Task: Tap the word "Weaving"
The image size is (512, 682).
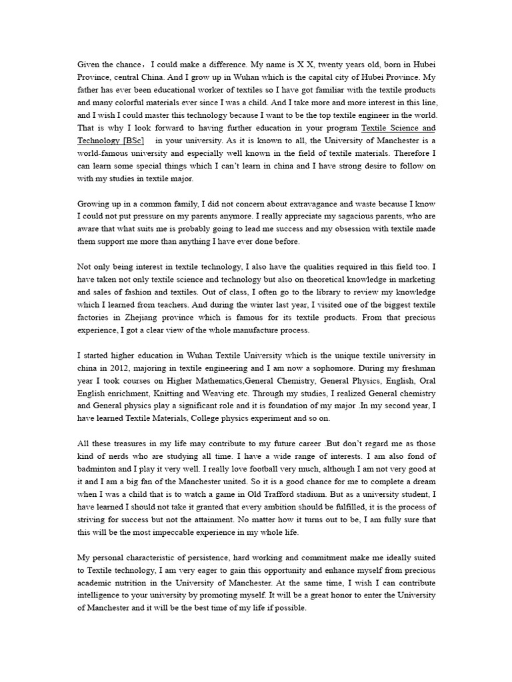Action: (231, 394)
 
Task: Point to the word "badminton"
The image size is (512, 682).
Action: (99, 469)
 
